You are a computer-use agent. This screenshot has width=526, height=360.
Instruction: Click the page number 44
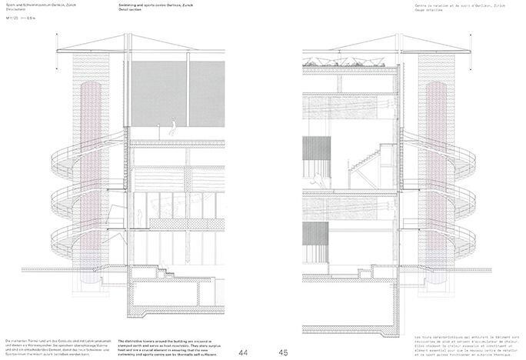click(x=243, y=352)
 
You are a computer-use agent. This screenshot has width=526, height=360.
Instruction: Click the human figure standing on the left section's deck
click(x=174, y=125)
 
